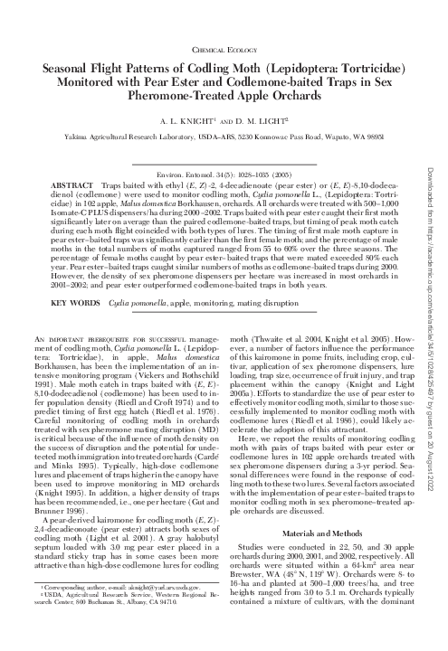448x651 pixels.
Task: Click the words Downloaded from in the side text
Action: click(x=435, y=40)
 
